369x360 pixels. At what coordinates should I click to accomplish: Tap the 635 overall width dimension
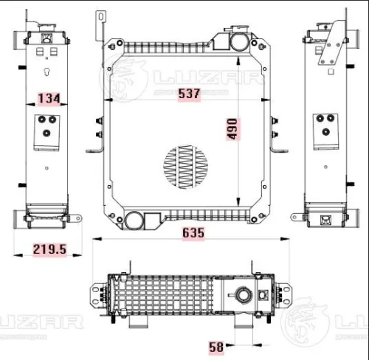point(190,232)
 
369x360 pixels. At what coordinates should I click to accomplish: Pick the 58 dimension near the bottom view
point(216,345)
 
